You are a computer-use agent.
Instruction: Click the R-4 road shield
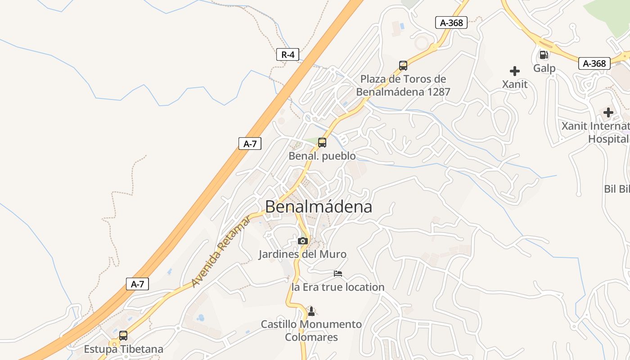coord(288,55)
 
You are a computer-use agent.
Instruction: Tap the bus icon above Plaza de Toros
coord(403,66)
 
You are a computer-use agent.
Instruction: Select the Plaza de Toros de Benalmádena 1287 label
coord(403,85)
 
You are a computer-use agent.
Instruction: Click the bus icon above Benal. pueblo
coord(322,143)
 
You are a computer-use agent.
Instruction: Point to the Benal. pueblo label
coord(322,156)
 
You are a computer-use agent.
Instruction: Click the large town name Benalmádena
coord(319,207)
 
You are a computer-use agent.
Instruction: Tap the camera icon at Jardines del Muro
coord(303,241)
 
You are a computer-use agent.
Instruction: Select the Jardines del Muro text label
coord(302,254)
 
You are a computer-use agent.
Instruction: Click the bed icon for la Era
coord(338,274)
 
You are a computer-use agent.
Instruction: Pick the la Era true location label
coord(338,287)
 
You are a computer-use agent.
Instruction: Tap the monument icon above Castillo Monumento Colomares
coord(311,311)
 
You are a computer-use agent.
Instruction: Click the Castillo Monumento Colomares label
coord(311,331)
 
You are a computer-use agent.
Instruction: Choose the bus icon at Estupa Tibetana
coord(123,336)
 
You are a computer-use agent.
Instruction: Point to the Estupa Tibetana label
coord(124,349)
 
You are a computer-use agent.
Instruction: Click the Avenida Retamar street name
coord(221,251)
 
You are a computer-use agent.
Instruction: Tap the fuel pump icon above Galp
coord(544,55)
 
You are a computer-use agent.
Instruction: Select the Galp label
coord(544,68)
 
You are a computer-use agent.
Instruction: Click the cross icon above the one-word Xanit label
coord(515,71)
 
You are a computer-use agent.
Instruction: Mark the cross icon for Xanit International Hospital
coord(608,112)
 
